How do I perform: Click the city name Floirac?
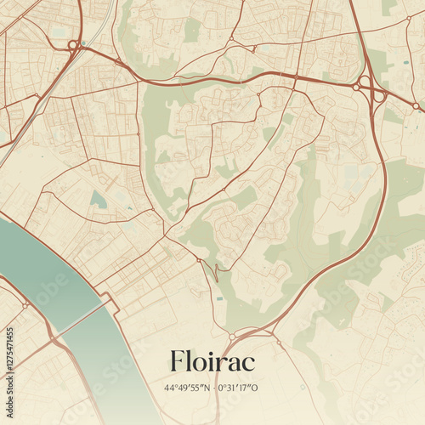click(x=212, y=361)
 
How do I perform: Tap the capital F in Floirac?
click(x=177, y=361)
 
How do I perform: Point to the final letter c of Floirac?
click(x=248, y=364)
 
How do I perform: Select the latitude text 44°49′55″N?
click(x=189, y=388)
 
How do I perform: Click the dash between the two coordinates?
click(x=213, y=388)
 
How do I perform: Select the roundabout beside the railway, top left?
click(x=73, y=44)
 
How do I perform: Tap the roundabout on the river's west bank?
click(x=26, y=304)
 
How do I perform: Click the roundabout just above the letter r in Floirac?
click(x=231, y=337)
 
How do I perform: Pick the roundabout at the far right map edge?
click(x=416, y=106)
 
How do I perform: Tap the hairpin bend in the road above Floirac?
click(x=216, y=272)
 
